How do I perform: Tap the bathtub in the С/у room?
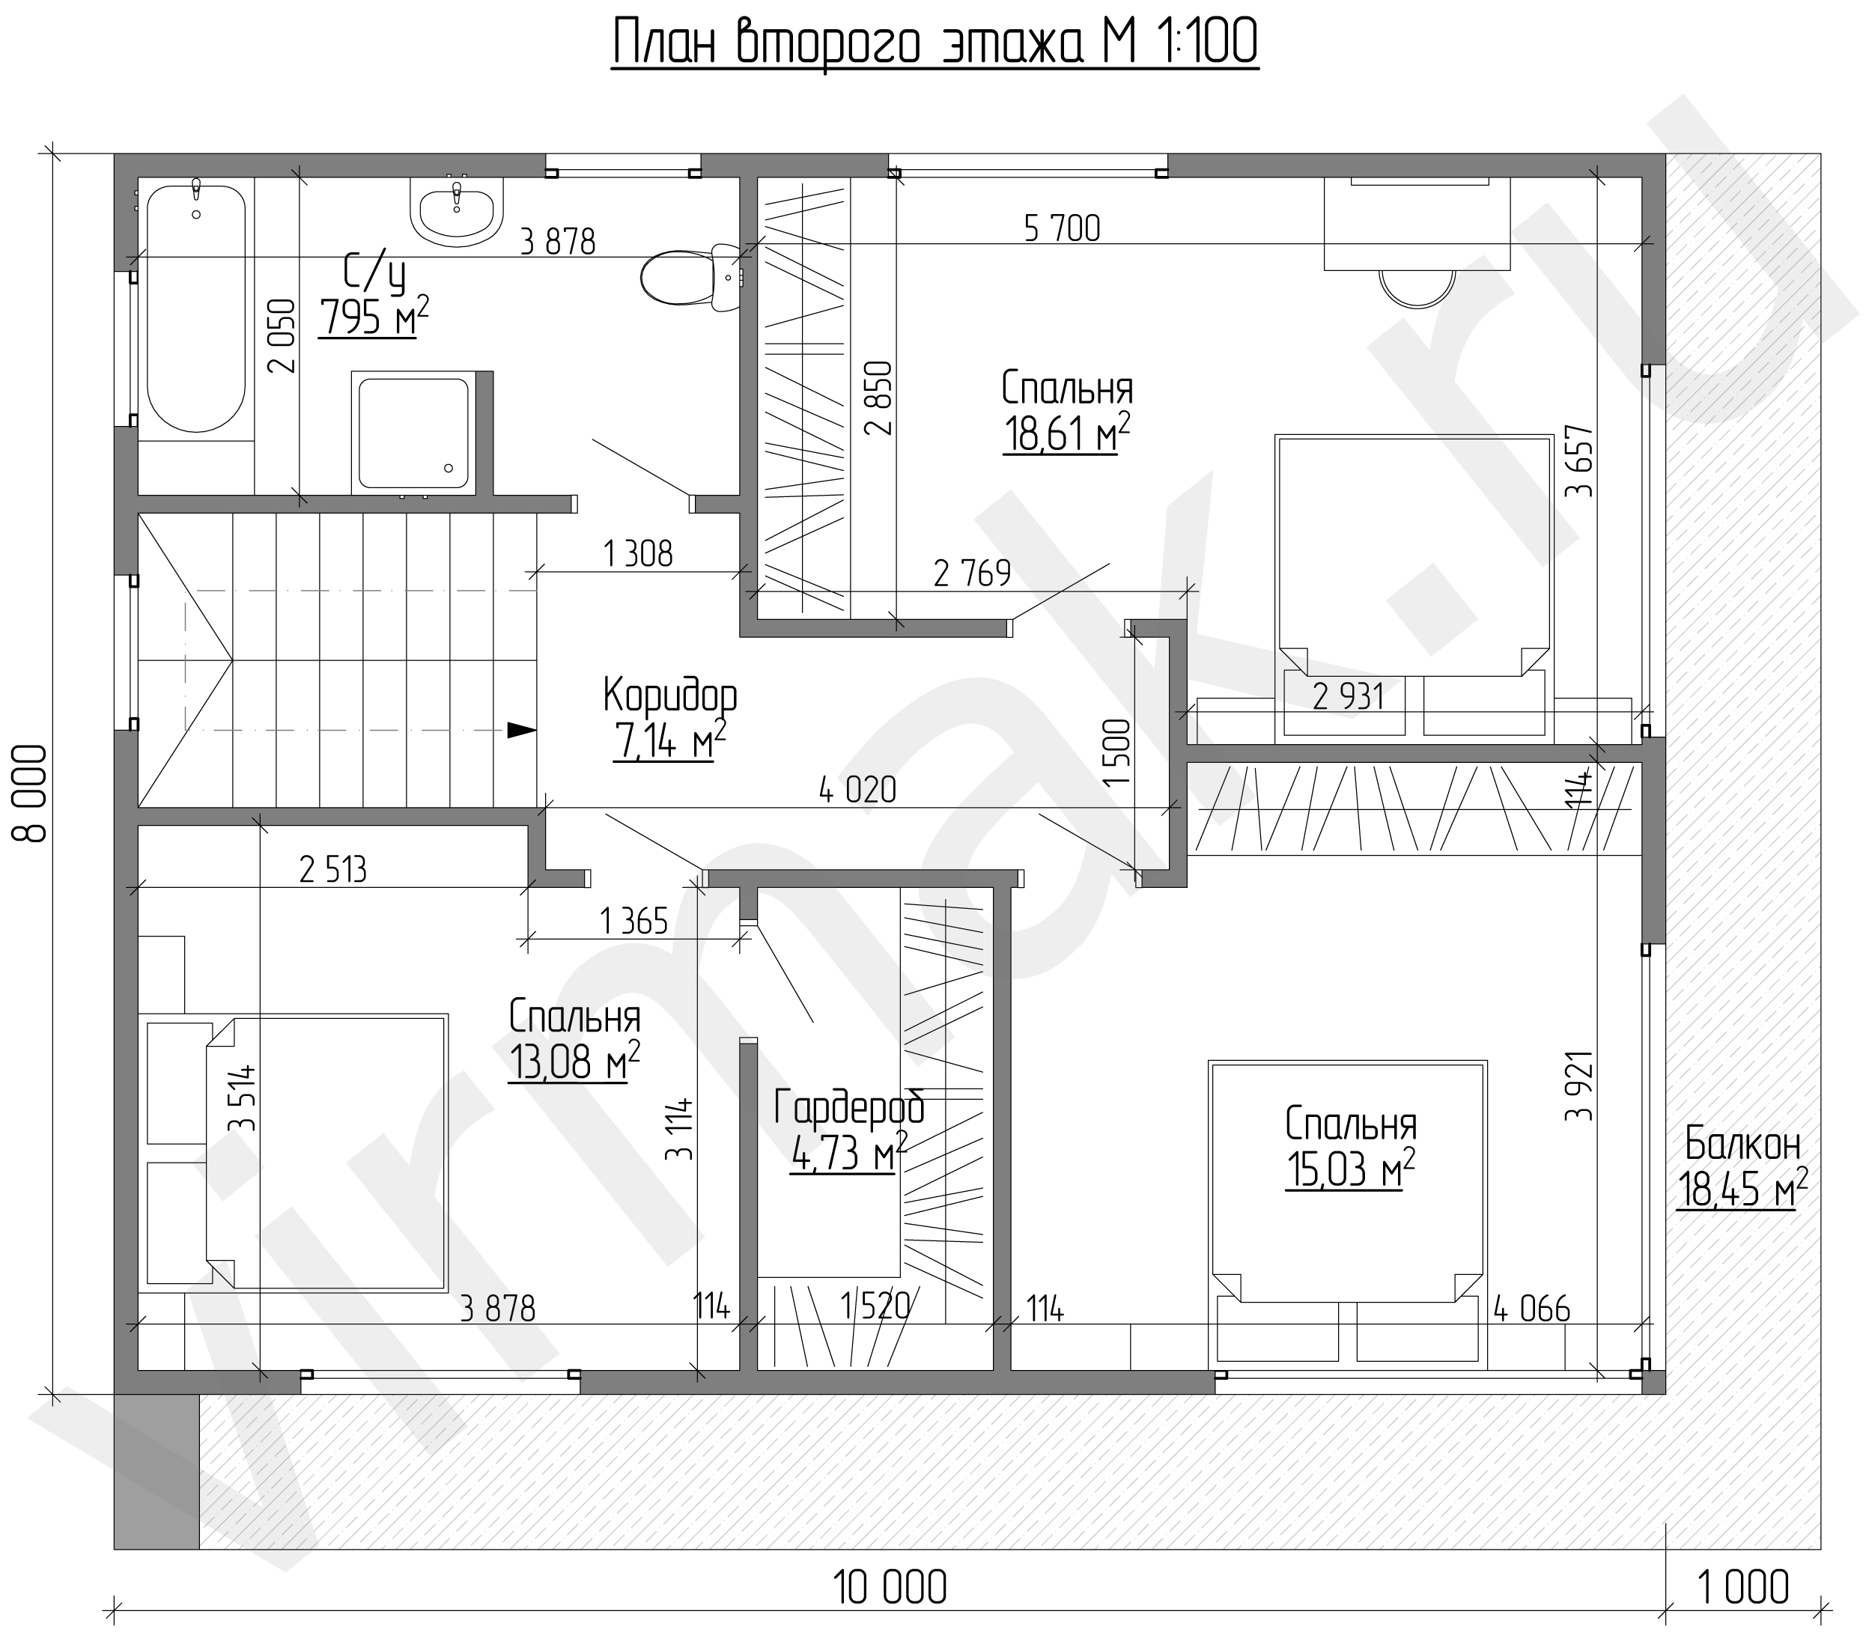[x=195, y=309]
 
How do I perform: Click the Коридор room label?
[x=670, y=697]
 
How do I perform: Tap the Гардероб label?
[x=849, y=1107]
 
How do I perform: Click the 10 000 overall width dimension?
[x=890, y=1588]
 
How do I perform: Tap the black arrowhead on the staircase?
[x=521, y=730]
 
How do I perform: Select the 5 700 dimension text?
[x=1062, y=228]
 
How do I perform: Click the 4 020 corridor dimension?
[x=857, y=791]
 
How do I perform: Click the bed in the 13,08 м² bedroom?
[x=326, y=1153]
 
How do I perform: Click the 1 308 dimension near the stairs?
[x=638, y=554]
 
